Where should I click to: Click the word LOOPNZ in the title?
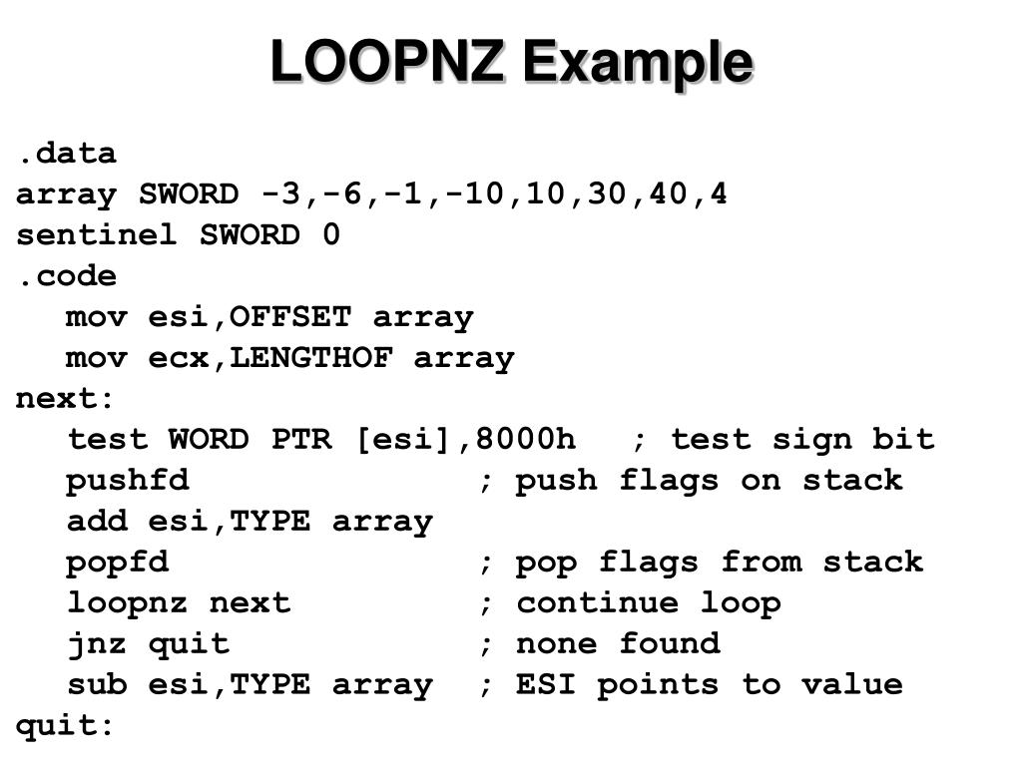coord(386,62)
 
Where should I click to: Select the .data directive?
coord(66,154)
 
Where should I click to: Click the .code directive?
coord(66,276)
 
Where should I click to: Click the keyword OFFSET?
coord(290,317)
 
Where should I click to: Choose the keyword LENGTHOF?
coord(311,358)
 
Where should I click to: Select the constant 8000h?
coord(526,440)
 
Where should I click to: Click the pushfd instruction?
coord(128,481)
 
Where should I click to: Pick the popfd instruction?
coord(118,563)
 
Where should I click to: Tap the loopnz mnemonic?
coord(128,603)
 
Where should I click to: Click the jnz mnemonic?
coord(97,644)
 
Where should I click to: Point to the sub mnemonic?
coord(97,685)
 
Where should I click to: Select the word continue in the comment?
coord(597,603)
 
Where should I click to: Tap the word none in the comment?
coord(557,644)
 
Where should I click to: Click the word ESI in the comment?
coord(547,685)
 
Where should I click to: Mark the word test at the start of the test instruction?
coord(108,440)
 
